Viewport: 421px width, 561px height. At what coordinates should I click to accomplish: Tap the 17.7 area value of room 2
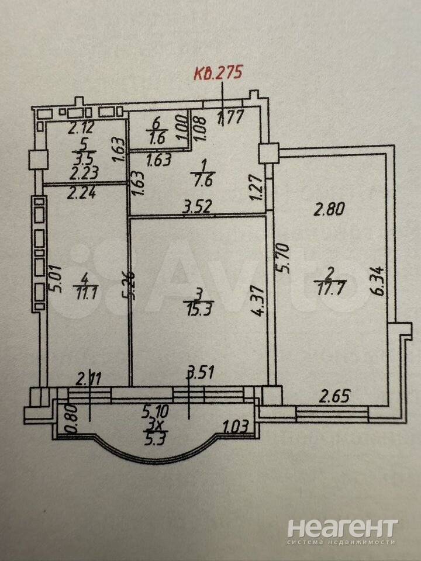tap(332, 291)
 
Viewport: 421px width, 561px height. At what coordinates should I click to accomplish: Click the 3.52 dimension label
tap(197, 206)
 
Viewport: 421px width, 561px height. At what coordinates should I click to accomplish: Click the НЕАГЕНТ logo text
tap(343, 529)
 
